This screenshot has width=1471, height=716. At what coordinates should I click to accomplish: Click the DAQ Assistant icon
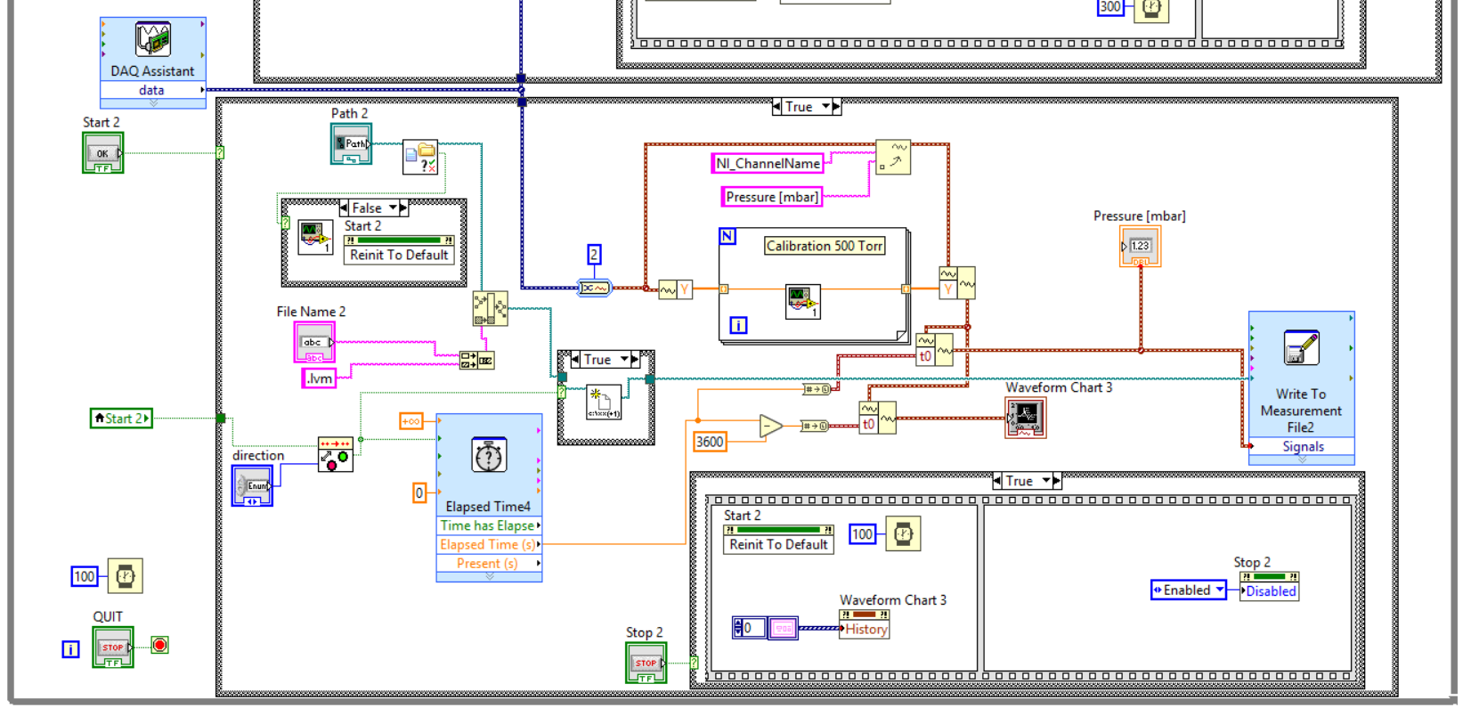coord(152,39)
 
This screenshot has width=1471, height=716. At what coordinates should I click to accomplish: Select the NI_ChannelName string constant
coord(768,163)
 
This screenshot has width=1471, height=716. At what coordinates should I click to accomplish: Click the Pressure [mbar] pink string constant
coord(771,197)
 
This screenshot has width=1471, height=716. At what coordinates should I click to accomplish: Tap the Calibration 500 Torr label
coord(825,246)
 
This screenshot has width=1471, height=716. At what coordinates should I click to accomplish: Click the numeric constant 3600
coord(710,442)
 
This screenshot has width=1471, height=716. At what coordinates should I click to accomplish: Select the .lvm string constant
coord(319,378)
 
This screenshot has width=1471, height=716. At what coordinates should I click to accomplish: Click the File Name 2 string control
coord(314,342)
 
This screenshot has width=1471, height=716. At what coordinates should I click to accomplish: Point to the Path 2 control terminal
coord(351,143)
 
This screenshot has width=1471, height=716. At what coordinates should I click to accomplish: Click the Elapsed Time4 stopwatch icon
coord(489,455)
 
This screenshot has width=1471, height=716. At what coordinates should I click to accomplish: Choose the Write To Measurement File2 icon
coord(1301,348)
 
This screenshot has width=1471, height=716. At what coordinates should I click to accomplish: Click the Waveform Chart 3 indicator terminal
coord(1026,417)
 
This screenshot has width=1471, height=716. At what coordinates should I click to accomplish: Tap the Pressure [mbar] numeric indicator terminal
coord(1140,247)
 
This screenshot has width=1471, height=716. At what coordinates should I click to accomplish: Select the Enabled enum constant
coord(1188,590)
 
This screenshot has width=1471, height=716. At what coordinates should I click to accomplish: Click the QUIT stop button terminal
coord(113,647)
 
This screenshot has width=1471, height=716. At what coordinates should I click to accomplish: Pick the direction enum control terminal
coord(252,486)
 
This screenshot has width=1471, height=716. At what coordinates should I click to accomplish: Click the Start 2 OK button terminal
coord(102,153)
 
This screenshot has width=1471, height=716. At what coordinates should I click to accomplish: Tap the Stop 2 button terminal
coord(646,663)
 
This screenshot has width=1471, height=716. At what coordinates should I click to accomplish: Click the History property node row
coord(866,629)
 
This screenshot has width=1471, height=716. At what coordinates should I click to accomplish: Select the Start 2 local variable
coord(121,418)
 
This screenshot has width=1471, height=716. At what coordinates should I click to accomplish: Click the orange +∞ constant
coord(410,421)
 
